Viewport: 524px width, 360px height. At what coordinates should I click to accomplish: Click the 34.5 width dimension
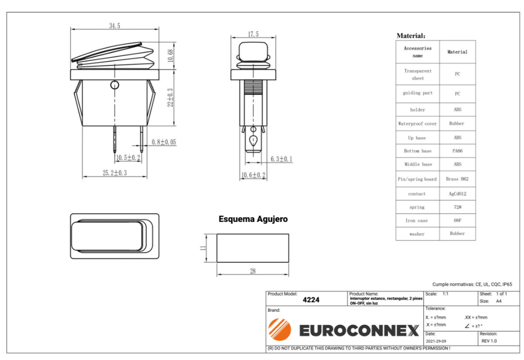click(114, 26)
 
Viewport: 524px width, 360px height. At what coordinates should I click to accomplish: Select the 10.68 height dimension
click(170, 55)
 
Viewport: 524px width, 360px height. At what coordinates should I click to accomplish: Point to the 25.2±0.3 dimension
click(115, 173)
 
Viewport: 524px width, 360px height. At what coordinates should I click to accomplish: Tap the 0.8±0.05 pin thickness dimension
click(163, 142)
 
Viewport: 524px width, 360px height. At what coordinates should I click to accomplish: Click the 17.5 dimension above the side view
click(253, 34)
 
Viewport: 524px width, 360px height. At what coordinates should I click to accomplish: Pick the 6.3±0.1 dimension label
click(281, 159)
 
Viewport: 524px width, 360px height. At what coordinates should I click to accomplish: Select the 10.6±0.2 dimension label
click(253, 176)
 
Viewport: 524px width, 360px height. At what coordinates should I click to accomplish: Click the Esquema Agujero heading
click(253, 219)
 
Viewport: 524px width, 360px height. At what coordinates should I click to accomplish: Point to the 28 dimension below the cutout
click(253, 271)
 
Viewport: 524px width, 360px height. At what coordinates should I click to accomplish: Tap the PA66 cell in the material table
click(457, 151)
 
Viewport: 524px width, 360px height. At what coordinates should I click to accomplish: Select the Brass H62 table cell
click(457, 179)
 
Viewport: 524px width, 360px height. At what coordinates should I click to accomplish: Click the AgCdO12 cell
click(457, 194)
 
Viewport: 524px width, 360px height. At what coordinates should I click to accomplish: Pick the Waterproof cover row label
click(418, 123)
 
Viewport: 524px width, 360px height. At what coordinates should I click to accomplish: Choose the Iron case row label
click(418, 221)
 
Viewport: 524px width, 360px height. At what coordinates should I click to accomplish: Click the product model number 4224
click(311, 300)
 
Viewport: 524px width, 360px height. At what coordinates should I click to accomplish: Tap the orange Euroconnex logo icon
click(279, 329)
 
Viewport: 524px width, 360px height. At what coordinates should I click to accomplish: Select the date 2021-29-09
click(435, 341)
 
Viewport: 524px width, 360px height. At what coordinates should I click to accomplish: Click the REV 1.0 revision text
click(489, 341)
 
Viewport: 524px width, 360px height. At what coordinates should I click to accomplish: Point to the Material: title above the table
click(410, 36)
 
